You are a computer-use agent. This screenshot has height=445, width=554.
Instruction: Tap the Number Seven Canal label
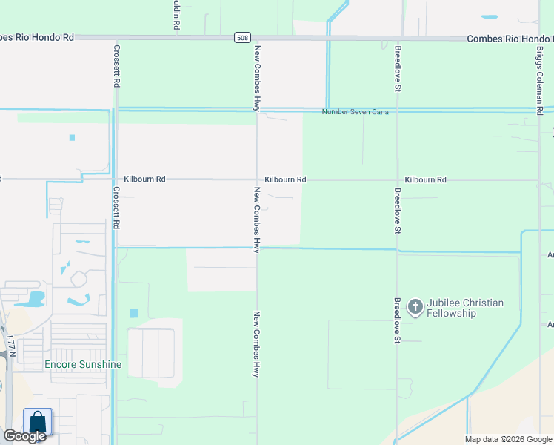coord(356,112)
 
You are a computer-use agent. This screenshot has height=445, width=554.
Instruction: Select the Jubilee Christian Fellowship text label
coord(465,308)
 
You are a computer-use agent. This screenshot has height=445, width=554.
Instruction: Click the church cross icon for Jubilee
coord(415,306)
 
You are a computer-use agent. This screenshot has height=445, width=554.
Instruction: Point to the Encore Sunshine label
coord(82,364)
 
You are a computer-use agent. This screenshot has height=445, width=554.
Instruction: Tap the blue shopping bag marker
coord(38,422)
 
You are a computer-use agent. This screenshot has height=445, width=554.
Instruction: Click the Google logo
coord(24,436)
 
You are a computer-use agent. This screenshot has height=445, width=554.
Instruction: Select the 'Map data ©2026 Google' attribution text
coord(507,439)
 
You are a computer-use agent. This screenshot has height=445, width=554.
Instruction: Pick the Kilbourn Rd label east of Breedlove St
coord(426,180)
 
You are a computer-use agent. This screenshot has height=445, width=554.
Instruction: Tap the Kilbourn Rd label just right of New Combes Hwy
coord(285,180)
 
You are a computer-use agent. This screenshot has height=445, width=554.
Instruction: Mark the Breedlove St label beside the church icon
coord(398,320)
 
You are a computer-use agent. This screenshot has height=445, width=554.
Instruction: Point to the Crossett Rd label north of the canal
coord(116,67)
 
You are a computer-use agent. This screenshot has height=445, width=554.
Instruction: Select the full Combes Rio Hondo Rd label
coord(510,38)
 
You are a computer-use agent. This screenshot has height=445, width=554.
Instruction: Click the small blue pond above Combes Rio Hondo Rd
coord(490,16)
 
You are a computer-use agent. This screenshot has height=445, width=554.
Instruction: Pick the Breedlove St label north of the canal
coord(398,69)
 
